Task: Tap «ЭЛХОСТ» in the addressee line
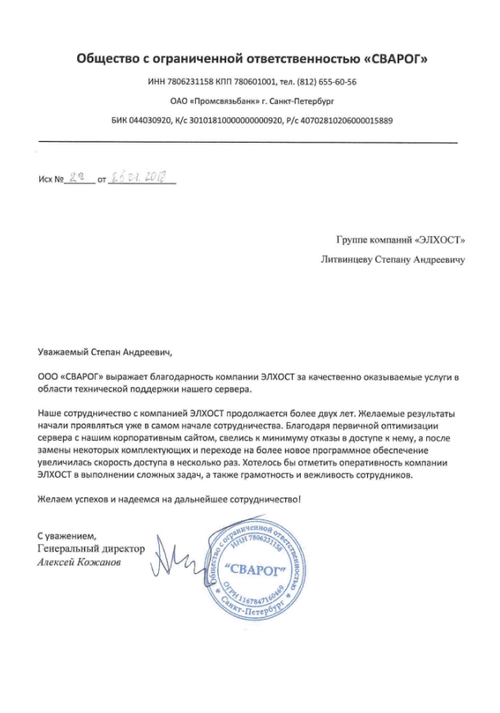pyautogui.click(x=434, y=242)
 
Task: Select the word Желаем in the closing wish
pyautogui.click(x=57, y=498)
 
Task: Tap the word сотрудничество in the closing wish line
pyautogui.click(x=261, y=498)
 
